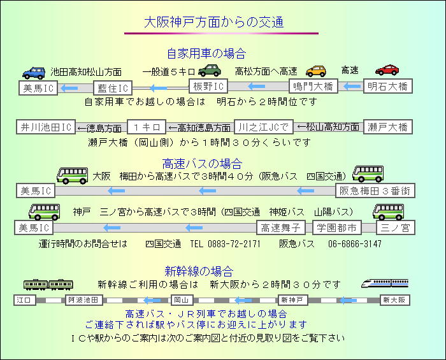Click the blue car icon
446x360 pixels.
tap(34, 73)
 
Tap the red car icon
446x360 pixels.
tap(387, 70)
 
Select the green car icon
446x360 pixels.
tap(210, 70)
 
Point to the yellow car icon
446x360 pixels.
tap(316, 71)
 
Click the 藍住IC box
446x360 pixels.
tap(113, 88)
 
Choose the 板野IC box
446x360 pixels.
tap(208, 86)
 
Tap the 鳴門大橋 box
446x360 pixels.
tap(313, 86)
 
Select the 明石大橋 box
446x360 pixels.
tap(387, 86)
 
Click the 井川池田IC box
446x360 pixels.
tap(46, 127)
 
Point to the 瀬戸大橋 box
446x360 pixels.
tap(387, 127)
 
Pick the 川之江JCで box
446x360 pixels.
tap(263, 127)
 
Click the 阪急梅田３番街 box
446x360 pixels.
tap(375, 191)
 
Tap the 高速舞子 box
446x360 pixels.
tap(281, 227)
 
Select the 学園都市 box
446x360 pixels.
tap(337, 227)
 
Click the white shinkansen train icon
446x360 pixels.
tap(385, 284)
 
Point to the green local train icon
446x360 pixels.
tap(48, 284)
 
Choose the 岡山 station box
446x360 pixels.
tap(182, 300)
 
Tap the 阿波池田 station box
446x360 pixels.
tap(84, 300)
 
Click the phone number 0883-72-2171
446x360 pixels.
tap(234, 243)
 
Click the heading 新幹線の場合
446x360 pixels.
tap(199, 271)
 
